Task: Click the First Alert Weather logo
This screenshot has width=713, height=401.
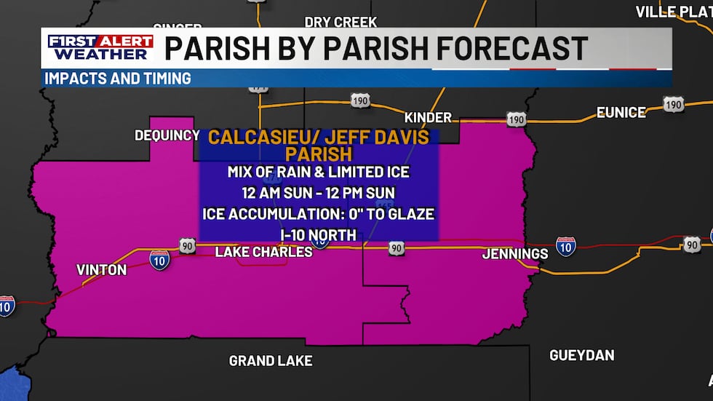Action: click(100, 47)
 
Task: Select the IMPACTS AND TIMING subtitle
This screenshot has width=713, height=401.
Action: click(118, 78)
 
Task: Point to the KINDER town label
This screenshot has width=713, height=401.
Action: click(428, 117)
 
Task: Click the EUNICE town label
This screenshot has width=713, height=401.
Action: click(621, 112)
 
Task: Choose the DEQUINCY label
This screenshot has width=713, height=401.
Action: click(167, 135)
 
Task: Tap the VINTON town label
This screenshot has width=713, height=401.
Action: click(101, 270)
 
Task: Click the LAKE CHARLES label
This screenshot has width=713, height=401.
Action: click(263, 252)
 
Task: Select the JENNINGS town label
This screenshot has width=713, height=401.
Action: click(514, 254)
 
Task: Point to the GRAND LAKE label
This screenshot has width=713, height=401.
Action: click(271, 360)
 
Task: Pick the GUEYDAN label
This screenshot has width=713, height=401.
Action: click(581, 355)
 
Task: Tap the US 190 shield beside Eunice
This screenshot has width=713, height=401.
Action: click(673, 106)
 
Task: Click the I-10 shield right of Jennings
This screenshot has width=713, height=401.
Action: click(565, 246)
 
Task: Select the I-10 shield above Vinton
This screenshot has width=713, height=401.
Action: click(159, 258)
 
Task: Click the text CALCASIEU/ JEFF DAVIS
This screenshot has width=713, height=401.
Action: click(319, 137)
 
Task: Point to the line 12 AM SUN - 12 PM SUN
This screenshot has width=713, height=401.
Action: click(319, 194)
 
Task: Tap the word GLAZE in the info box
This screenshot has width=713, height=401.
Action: click(409, 214)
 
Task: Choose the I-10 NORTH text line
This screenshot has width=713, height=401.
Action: click(319, 234)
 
